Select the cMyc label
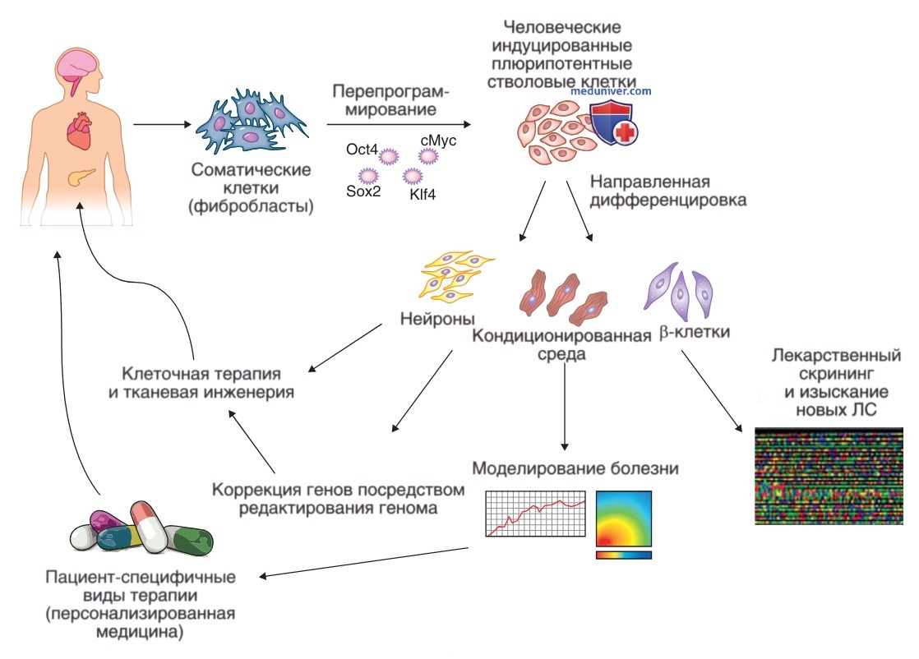click(x=437, y=141)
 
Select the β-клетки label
click(x=695, y=334)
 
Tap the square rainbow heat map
click(x=624, y=518)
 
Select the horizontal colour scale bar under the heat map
click(x=624, y=555)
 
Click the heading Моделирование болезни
click(x=575, y=469)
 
